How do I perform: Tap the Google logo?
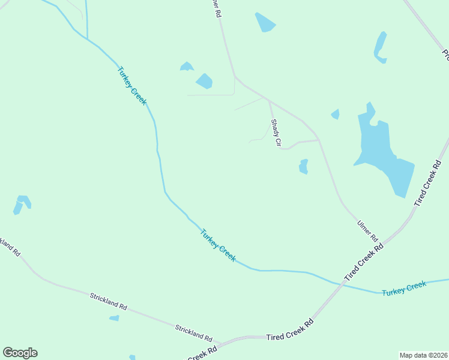(x=20, y=353)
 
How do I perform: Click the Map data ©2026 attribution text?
(x=423, y=355)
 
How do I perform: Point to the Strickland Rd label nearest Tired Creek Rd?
(x=194, y=329)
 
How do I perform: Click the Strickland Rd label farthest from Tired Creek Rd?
(x=109, y=301)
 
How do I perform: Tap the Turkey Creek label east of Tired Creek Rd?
(x=404, y=287)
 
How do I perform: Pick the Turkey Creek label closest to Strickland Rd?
(x=218, y=245)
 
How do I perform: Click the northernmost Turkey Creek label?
(x=131, y=86)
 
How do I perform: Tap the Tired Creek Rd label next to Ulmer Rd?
(x=364, y=263)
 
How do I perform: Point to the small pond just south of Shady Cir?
(x=304, y=166)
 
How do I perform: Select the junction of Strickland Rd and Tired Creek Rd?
(x=220, y=343)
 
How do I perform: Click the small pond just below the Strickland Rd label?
(x=114, y=318)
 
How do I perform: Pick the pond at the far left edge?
(x=22, y=203)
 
